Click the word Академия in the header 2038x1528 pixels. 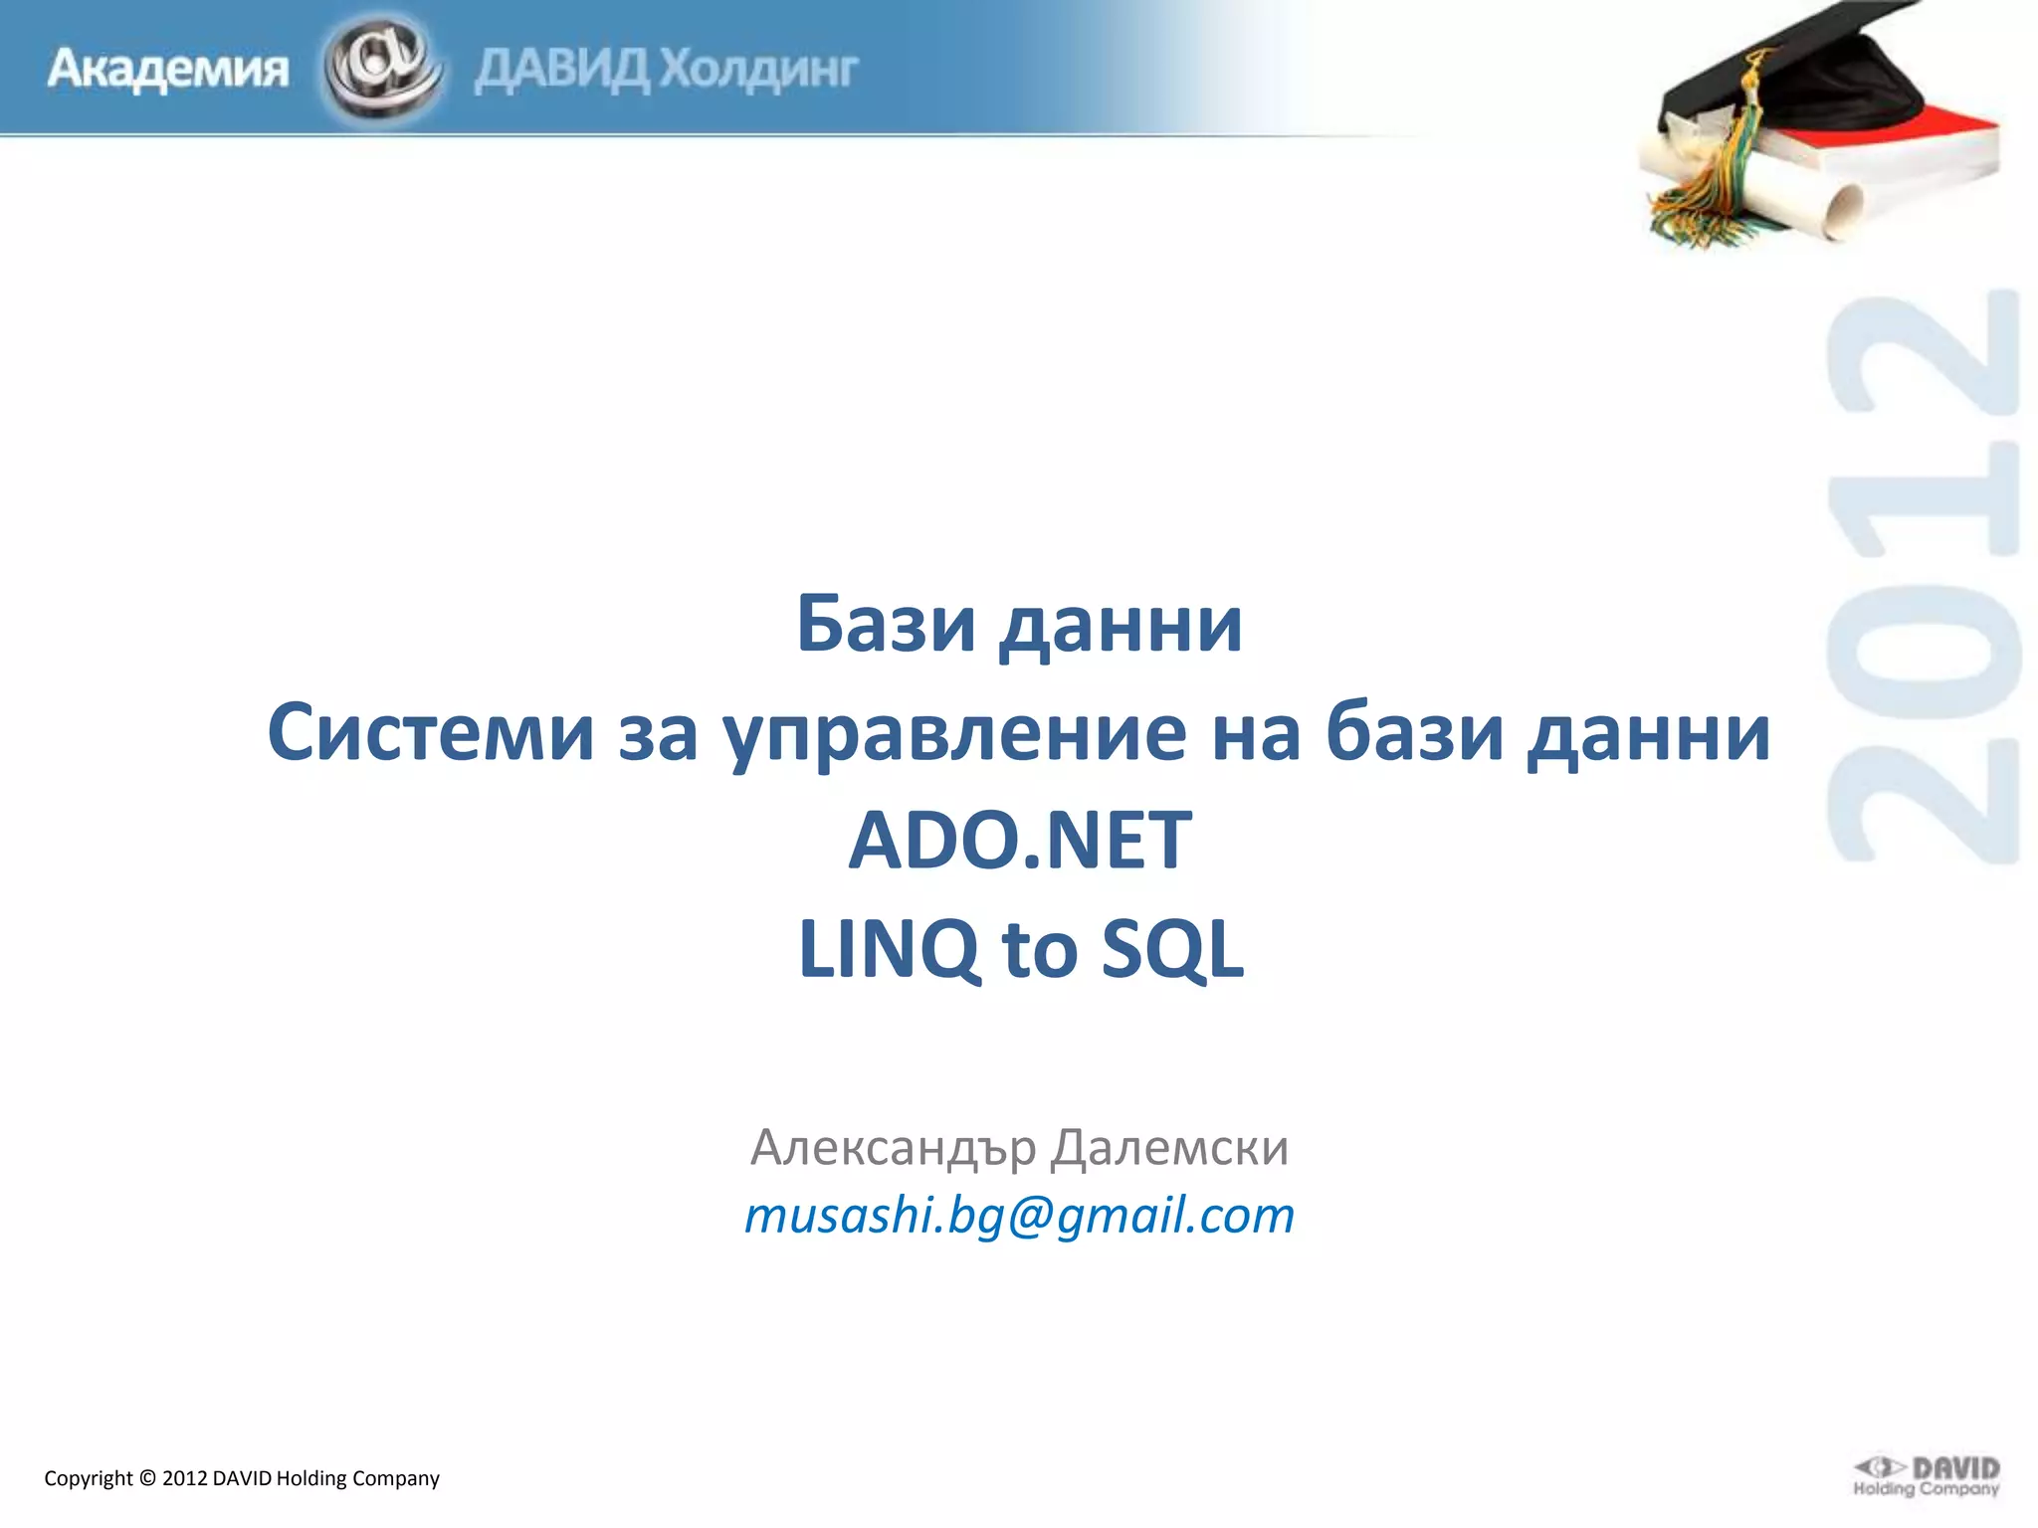click(167, 70)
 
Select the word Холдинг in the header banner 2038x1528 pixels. click(758, 70)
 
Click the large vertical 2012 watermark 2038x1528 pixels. click(1923, 577)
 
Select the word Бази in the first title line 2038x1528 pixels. click(885, 625)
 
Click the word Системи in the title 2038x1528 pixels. click(430, 733)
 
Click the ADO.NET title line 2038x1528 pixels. click(1019, 841)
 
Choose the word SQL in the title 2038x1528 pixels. click(1172, 950)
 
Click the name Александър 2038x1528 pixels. click(893, 1148)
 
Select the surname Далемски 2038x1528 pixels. click(1169, 1148)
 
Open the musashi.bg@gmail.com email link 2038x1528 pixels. click(1019, 1216)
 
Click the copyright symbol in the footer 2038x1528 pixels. click(147, 1478)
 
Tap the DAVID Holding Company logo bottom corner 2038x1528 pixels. click(1926, 1476)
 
